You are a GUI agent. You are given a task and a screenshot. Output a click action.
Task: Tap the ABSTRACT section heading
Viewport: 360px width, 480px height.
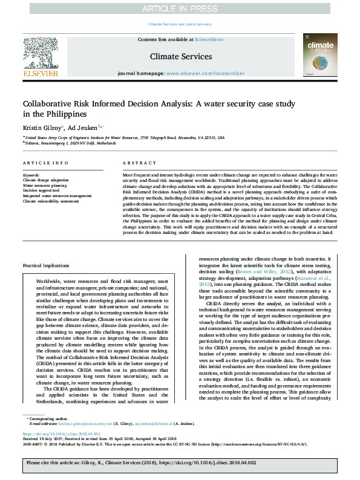[x=136, y=164]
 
